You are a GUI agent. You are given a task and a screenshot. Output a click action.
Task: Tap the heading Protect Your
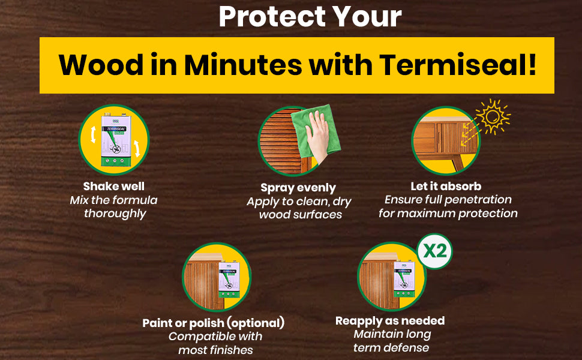pyautogui.click(x=310, y=16)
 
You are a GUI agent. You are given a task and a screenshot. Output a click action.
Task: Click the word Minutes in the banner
pyautogui.click(x=243, y=65)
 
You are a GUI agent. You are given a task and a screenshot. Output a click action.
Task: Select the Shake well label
pyautogui.click(x=113, y=186)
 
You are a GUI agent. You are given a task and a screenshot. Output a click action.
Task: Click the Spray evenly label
pyautogui.click(x=298, y=188)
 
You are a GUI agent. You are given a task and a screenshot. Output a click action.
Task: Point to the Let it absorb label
pyautogui.click(x=446, y=186)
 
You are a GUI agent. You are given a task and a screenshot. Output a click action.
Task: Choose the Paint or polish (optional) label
pyautogui.click(x=214, y=323)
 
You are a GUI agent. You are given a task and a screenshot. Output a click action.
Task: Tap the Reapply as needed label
pyautogui.click(x=390, y=320)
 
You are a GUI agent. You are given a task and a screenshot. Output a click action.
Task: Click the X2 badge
pyautogui.click(x=434, y=251)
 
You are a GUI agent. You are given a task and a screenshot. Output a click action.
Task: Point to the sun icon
pyautogui.click(x=493, y=116)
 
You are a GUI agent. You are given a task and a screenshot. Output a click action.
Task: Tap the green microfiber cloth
pyautogui.click(x=316, y=131)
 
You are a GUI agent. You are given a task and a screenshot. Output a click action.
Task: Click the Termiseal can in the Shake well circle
pyautogui.click(x=116, y=140)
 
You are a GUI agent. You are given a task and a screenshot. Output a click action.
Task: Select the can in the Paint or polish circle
pyautogui.click(x=229, y=279)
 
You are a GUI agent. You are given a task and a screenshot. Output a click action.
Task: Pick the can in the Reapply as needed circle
pyautogui.click(x=404, y=279)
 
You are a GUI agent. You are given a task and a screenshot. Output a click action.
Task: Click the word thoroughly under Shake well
pyautogui.click(x=115, y=214)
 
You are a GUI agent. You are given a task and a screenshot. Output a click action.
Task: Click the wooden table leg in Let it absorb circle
pyautogui.click(x=458, y=163)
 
